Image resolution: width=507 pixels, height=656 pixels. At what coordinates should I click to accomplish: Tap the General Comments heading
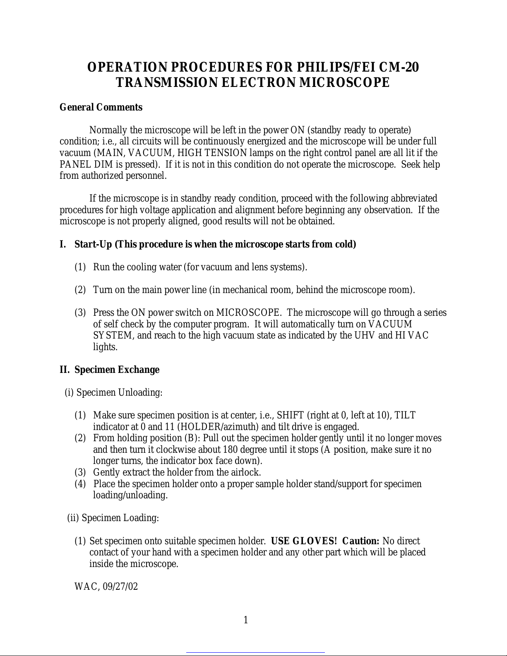pyautogui.click(x=101, y=107)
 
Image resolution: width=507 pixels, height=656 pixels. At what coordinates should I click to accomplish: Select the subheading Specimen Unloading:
pyautogui.click(x=119, y=392)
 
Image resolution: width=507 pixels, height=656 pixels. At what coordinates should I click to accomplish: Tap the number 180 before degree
pyautogui.click(x=230, y=449)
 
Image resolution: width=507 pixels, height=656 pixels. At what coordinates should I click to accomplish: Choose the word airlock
pyautogui.click(x=246, y=472)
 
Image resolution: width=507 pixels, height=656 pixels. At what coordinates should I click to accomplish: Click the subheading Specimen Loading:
pyautogui.click(x=120, y=518)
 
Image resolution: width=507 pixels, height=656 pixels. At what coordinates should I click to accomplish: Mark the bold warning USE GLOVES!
pyautogui.click(x=304, y=541)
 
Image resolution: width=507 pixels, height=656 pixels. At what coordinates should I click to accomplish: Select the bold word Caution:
pyautogui.click(x=361, y=541)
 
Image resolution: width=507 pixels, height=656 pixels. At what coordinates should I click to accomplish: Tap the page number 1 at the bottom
pyautogui.click(x=245, y=620)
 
